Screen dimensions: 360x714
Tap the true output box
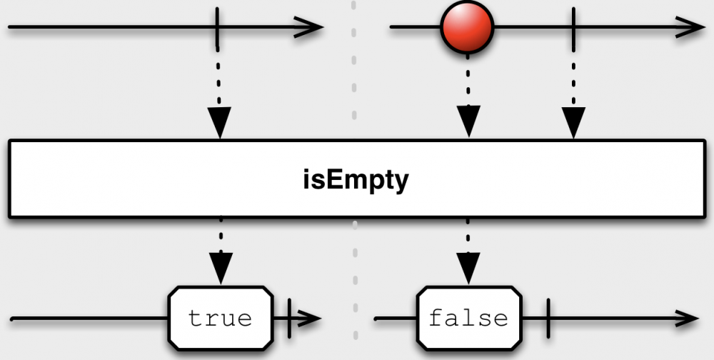point(221,318)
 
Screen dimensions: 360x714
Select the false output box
point(468,318)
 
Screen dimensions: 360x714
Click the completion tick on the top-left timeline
point(218,29)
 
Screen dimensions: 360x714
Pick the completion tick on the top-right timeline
point(573,29)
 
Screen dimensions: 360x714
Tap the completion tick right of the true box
point(288,318)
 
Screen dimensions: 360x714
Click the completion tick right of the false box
point(547,318)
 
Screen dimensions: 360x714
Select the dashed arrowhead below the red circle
point(468,121)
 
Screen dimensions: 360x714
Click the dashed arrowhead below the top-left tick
point(219,121)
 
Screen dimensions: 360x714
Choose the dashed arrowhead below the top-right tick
point(573,121)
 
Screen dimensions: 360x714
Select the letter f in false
point(436,317)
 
